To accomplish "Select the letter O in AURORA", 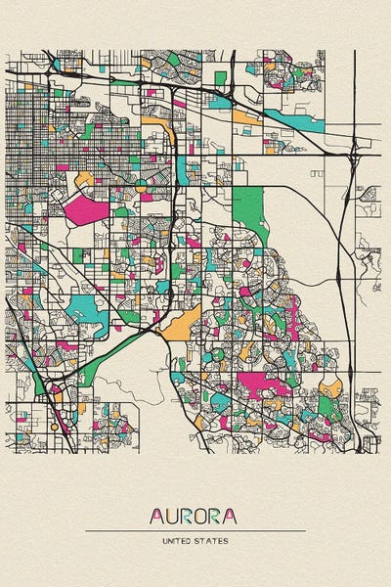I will [x=203, y=515].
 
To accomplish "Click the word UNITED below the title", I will [x=179, y=540].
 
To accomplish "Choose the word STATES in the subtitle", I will [x=213, y=540].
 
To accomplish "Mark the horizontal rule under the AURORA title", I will [x=195, y=530].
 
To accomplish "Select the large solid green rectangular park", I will [x=249, y=205].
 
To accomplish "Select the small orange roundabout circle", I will [x=140, y=183].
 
